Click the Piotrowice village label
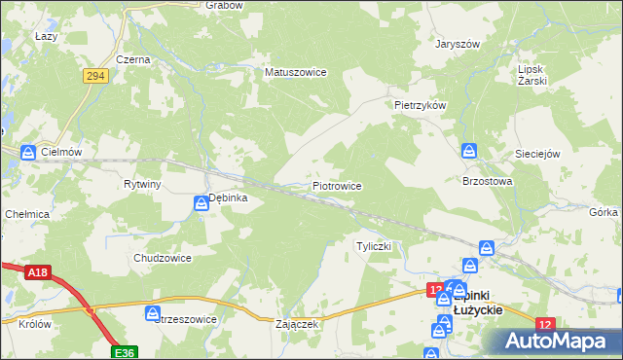click(337, 185)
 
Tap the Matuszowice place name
click(295, 72)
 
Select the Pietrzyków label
click(420, 104)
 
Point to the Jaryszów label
click(458, 44)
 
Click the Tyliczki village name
click(374, 246)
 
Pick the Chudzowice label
click(162, 258)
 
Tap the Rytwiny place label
click(142, 184)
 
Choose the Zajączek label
click(298, 324)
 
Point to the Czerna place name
click(132, 59)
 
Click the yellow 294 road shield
click(94, 76)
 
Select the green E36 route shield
click(124, 351)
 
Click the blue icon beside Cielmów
click(28, 152)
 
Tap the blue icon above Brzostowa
click(469, 151)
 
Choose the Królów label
click(33, 324)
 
